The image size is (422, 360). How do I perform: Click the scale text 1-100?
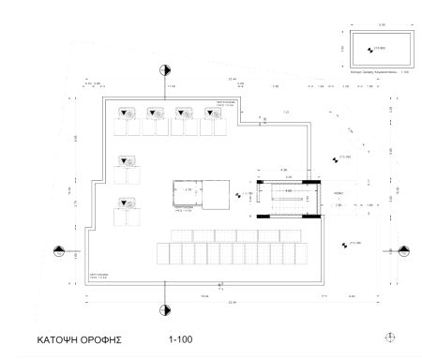(180, 337)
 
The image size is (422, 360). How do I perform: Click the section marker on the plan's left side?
(60, 250)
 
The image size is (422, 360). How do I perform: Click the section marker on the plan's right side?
(404, 250)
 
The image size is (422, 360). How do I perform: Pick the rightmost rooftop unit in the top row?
(215, 113)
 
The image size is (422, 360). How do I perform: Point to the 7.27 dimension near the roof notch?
(287, 112)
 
